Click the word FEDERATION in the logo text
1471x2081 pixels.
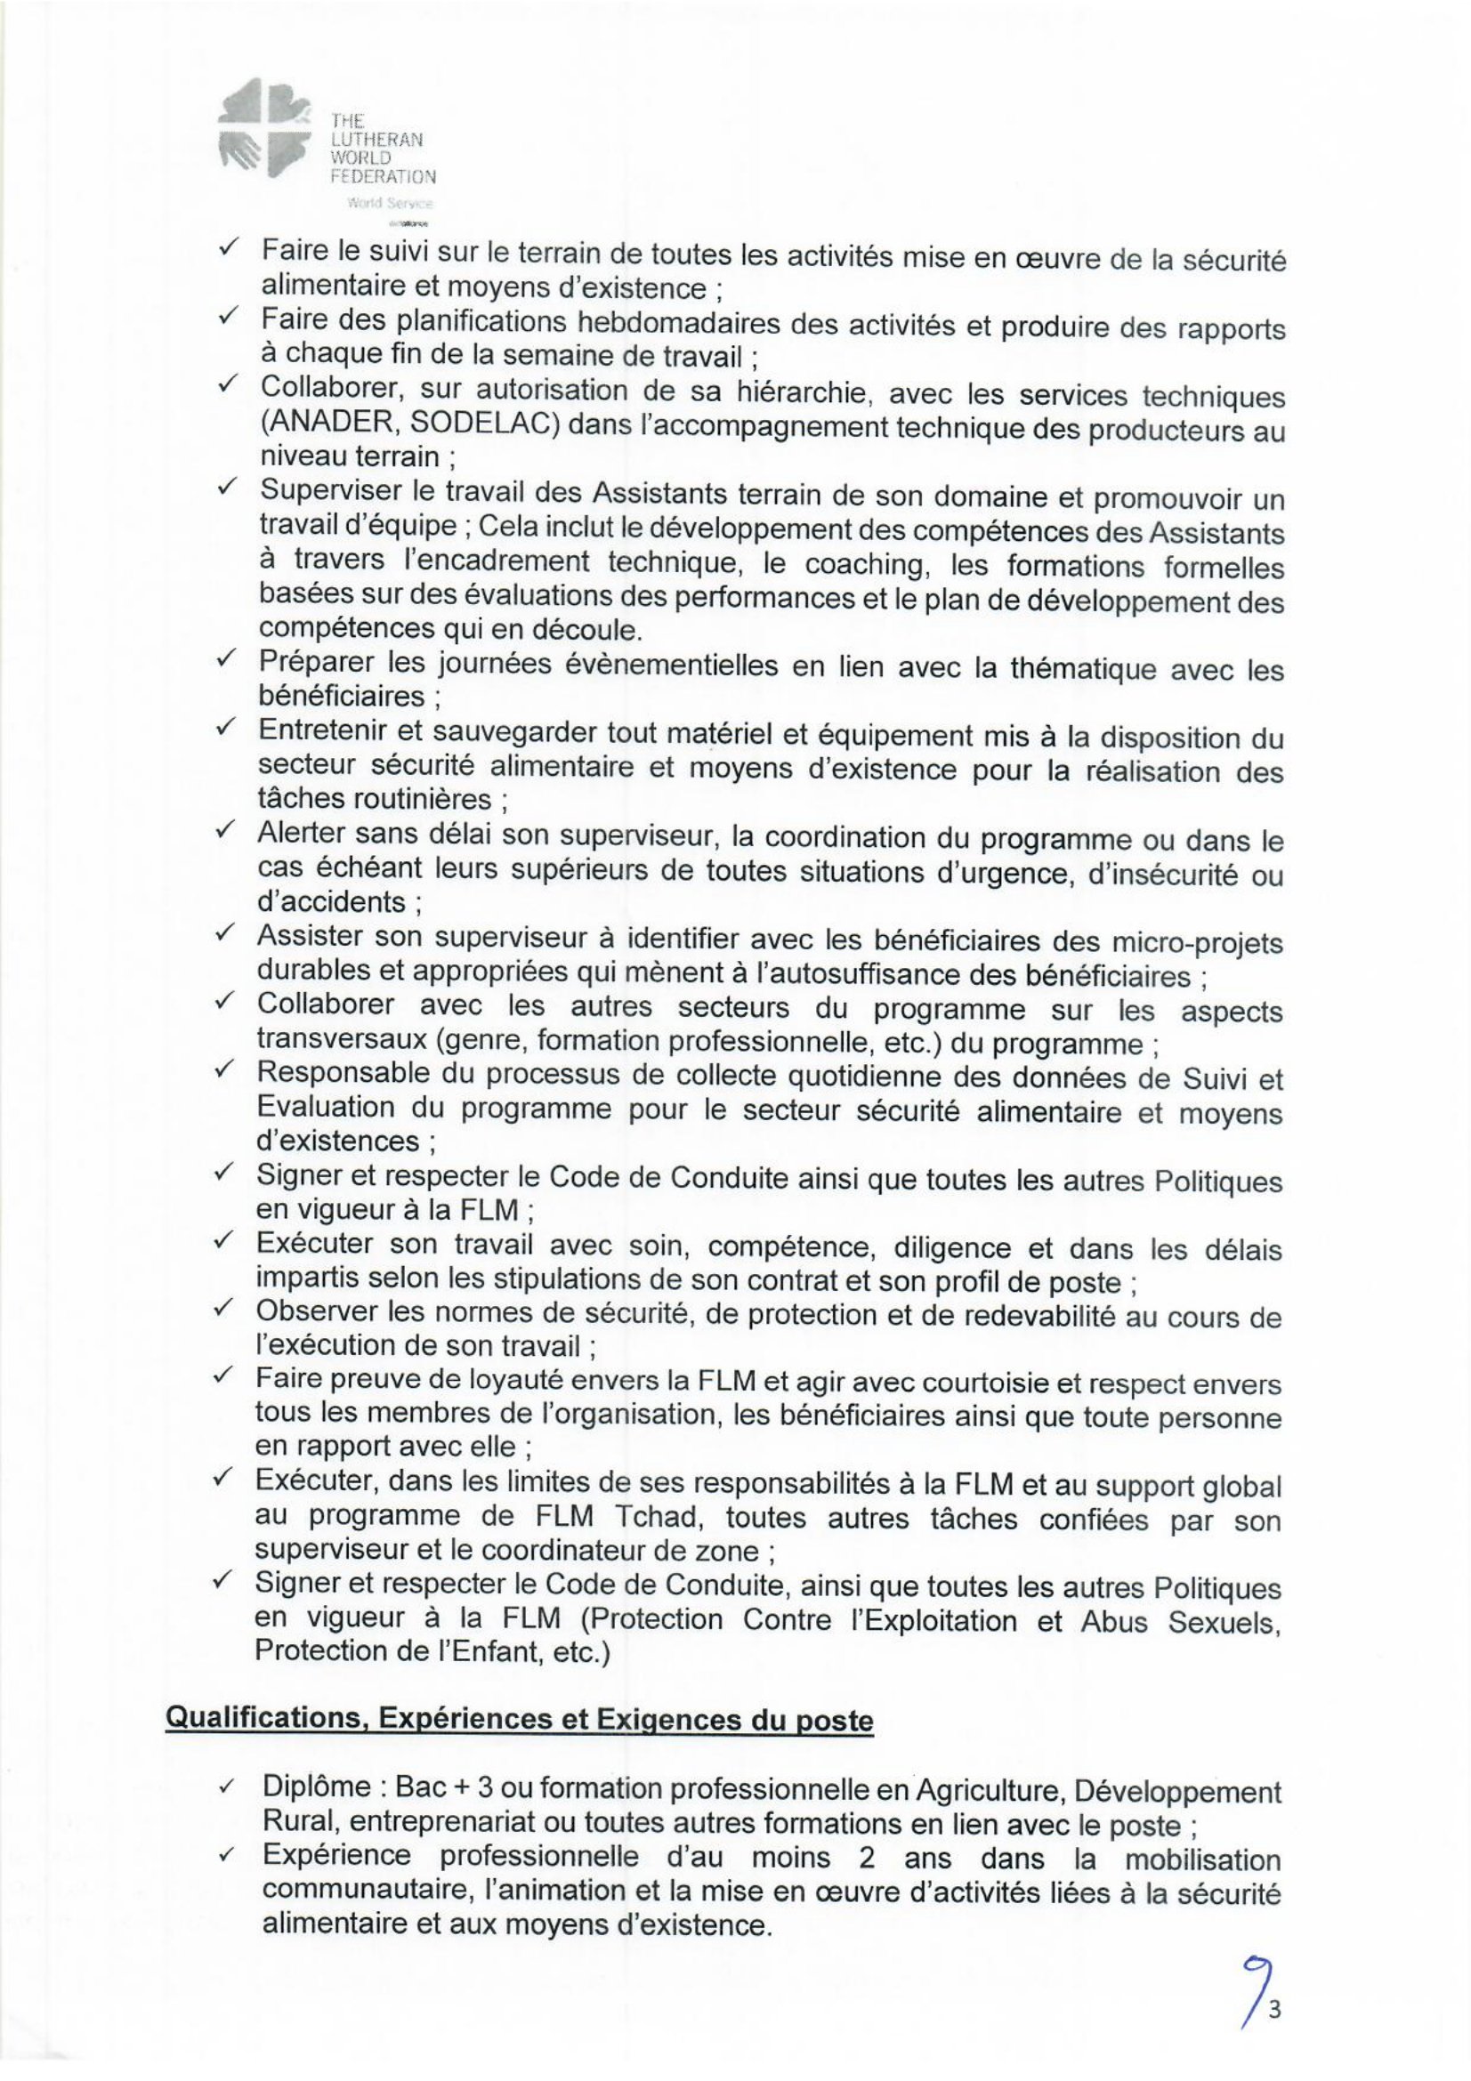tap(384, 176)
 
